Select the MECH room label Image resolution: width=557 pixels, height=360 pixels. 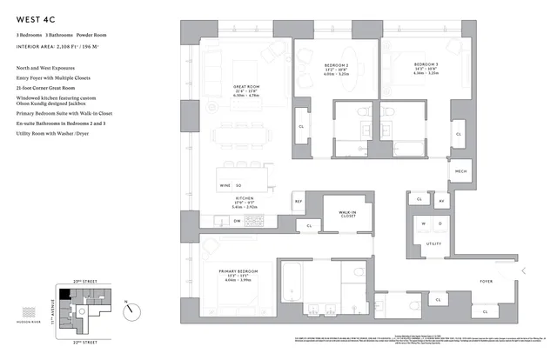(x=461, y=171)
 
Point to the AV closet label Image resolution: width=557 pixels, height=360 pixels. (x=442, y=201)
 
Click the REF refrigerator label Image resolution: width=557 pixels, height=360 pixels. (x=298, y=202)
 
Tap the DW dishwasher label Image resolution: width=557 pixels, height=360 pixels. (x=237, y=221)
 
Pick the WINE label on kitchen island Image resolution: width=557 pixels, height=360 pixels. (x=225, y=185)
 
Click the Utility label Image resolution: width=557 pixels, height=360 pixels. (x=433, y=244)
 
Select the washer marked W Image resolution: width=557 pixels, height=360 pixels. (x=424, y=224)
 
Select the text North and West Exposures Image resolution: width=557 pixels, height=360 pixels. (x=44, y=67)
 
